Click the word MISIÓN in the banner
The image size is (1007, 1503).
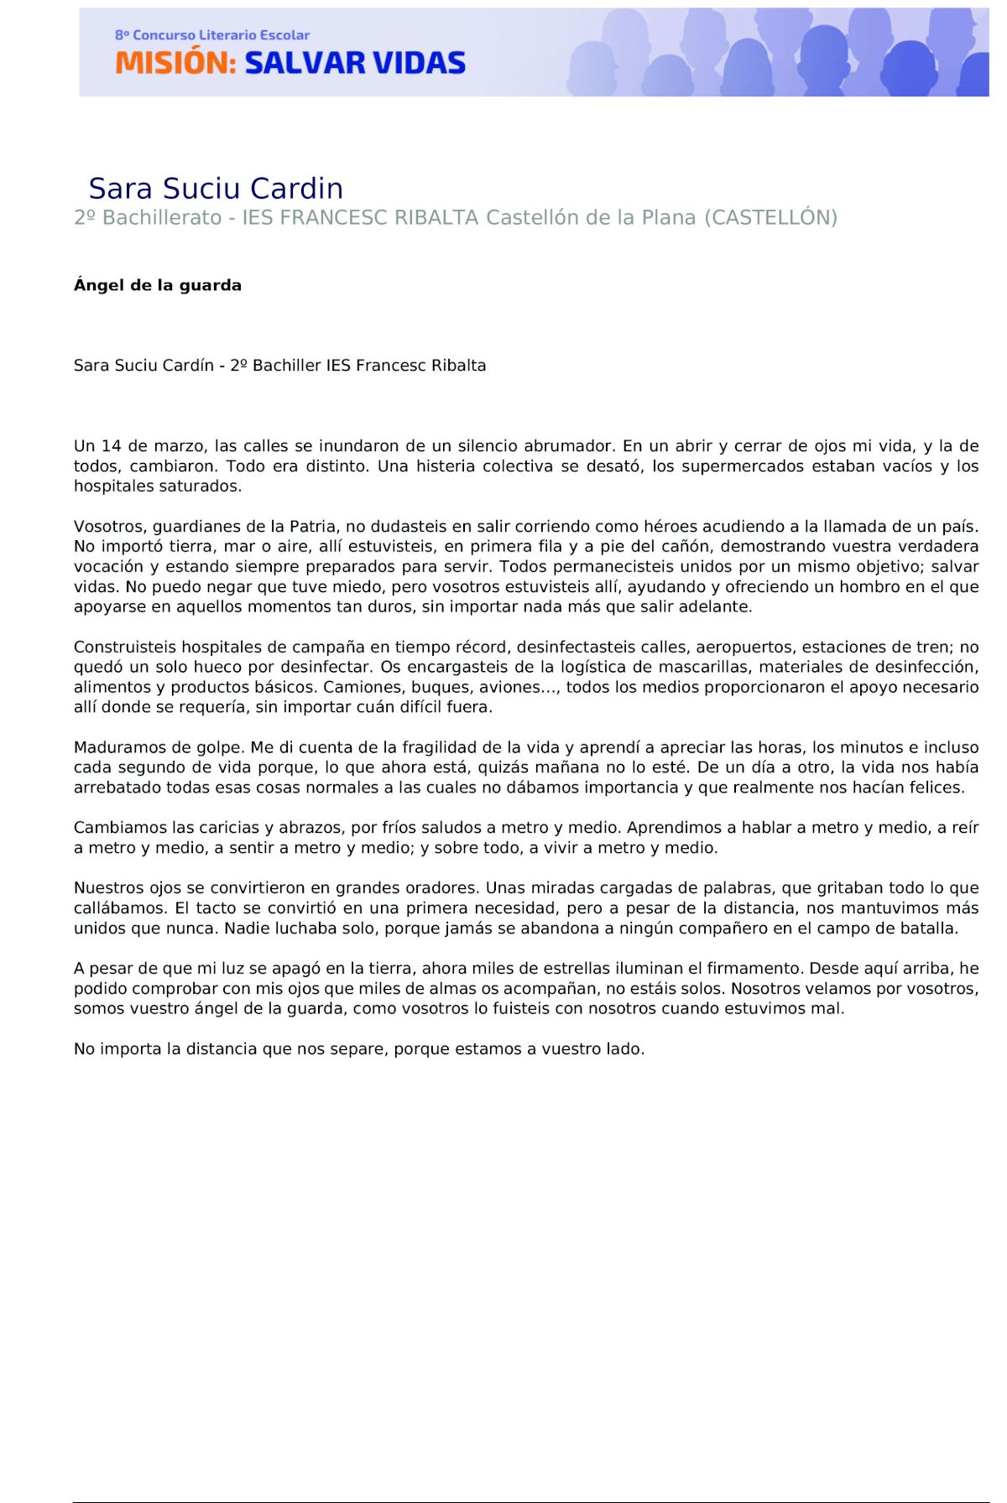point(175,63)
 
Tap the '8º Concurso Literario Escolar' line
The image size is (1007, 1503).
point(212,35)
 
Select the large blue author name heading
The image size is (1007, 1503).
point(216,188)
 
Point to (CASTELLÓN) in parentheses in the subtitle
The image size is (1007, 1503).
point(770,218)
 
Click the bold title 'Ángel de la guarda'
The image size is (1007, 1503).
point(158,285)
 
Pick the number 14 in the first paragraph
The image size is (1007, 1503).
point(112,446)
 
